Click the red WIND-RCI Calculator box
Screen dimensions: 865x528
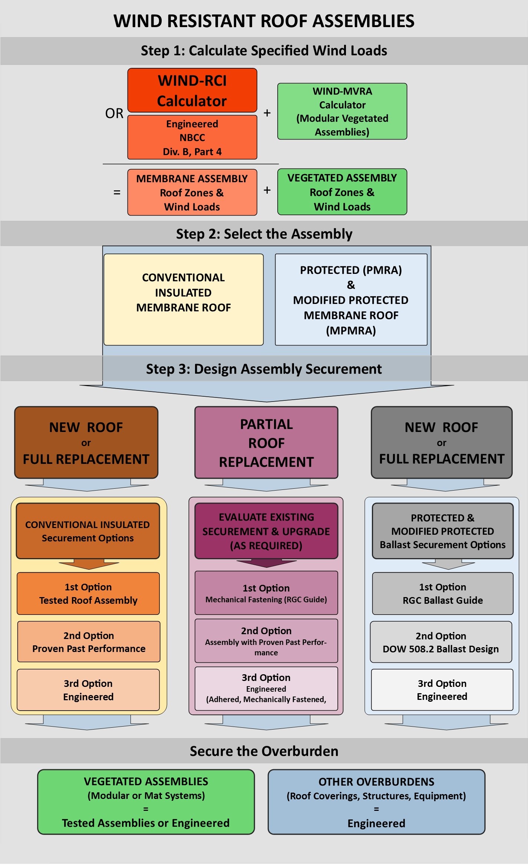[192, 91]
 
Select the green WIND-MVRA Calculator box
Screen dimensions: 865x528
[342, 111]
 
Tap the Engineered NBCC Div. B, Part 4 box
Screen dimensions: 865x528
[192, 137]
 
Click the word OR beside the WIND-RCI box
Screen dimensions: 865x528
[114, 113]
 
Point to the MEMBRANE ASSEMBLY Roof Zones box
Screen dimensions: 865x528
[192, 192]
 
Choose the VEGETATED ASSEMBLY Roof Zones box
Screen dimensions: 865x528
[342, 192]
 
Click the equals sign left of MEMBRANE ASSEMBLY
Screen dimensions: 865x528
[117, 192]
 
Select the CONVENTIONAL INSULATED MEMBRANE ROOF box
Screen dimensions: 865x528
[184, 299]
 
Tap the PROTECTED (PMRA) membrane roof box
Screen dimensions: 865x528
[351, 299]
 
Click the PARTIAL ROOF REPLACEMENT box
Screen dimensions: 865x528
[266, 443]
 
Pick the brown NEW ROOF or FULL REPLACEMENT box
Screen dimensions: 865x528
[86, 443]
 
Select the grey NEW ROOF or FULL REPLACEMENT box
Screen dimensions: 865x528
[442, 443]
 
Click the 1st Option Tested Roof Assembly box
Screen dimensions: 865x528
[88, 593]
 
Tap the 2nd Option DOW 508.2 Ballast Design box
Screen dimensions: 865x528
[441, 642]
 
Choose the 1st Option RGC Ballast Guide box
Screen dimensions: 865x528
[443, 593]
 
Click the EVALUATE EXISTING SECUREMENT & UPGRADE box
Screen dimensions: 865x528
[266, 531]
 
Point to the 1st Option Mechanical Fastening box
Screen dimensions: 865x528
[266, 593]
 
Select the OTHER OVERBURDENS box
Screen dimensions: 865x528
[376, 802]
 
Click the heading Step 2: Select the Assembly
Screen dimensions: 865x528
[264, 234]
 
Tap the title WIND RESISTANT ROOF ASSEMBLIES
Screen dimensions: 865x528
[264, 21]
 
